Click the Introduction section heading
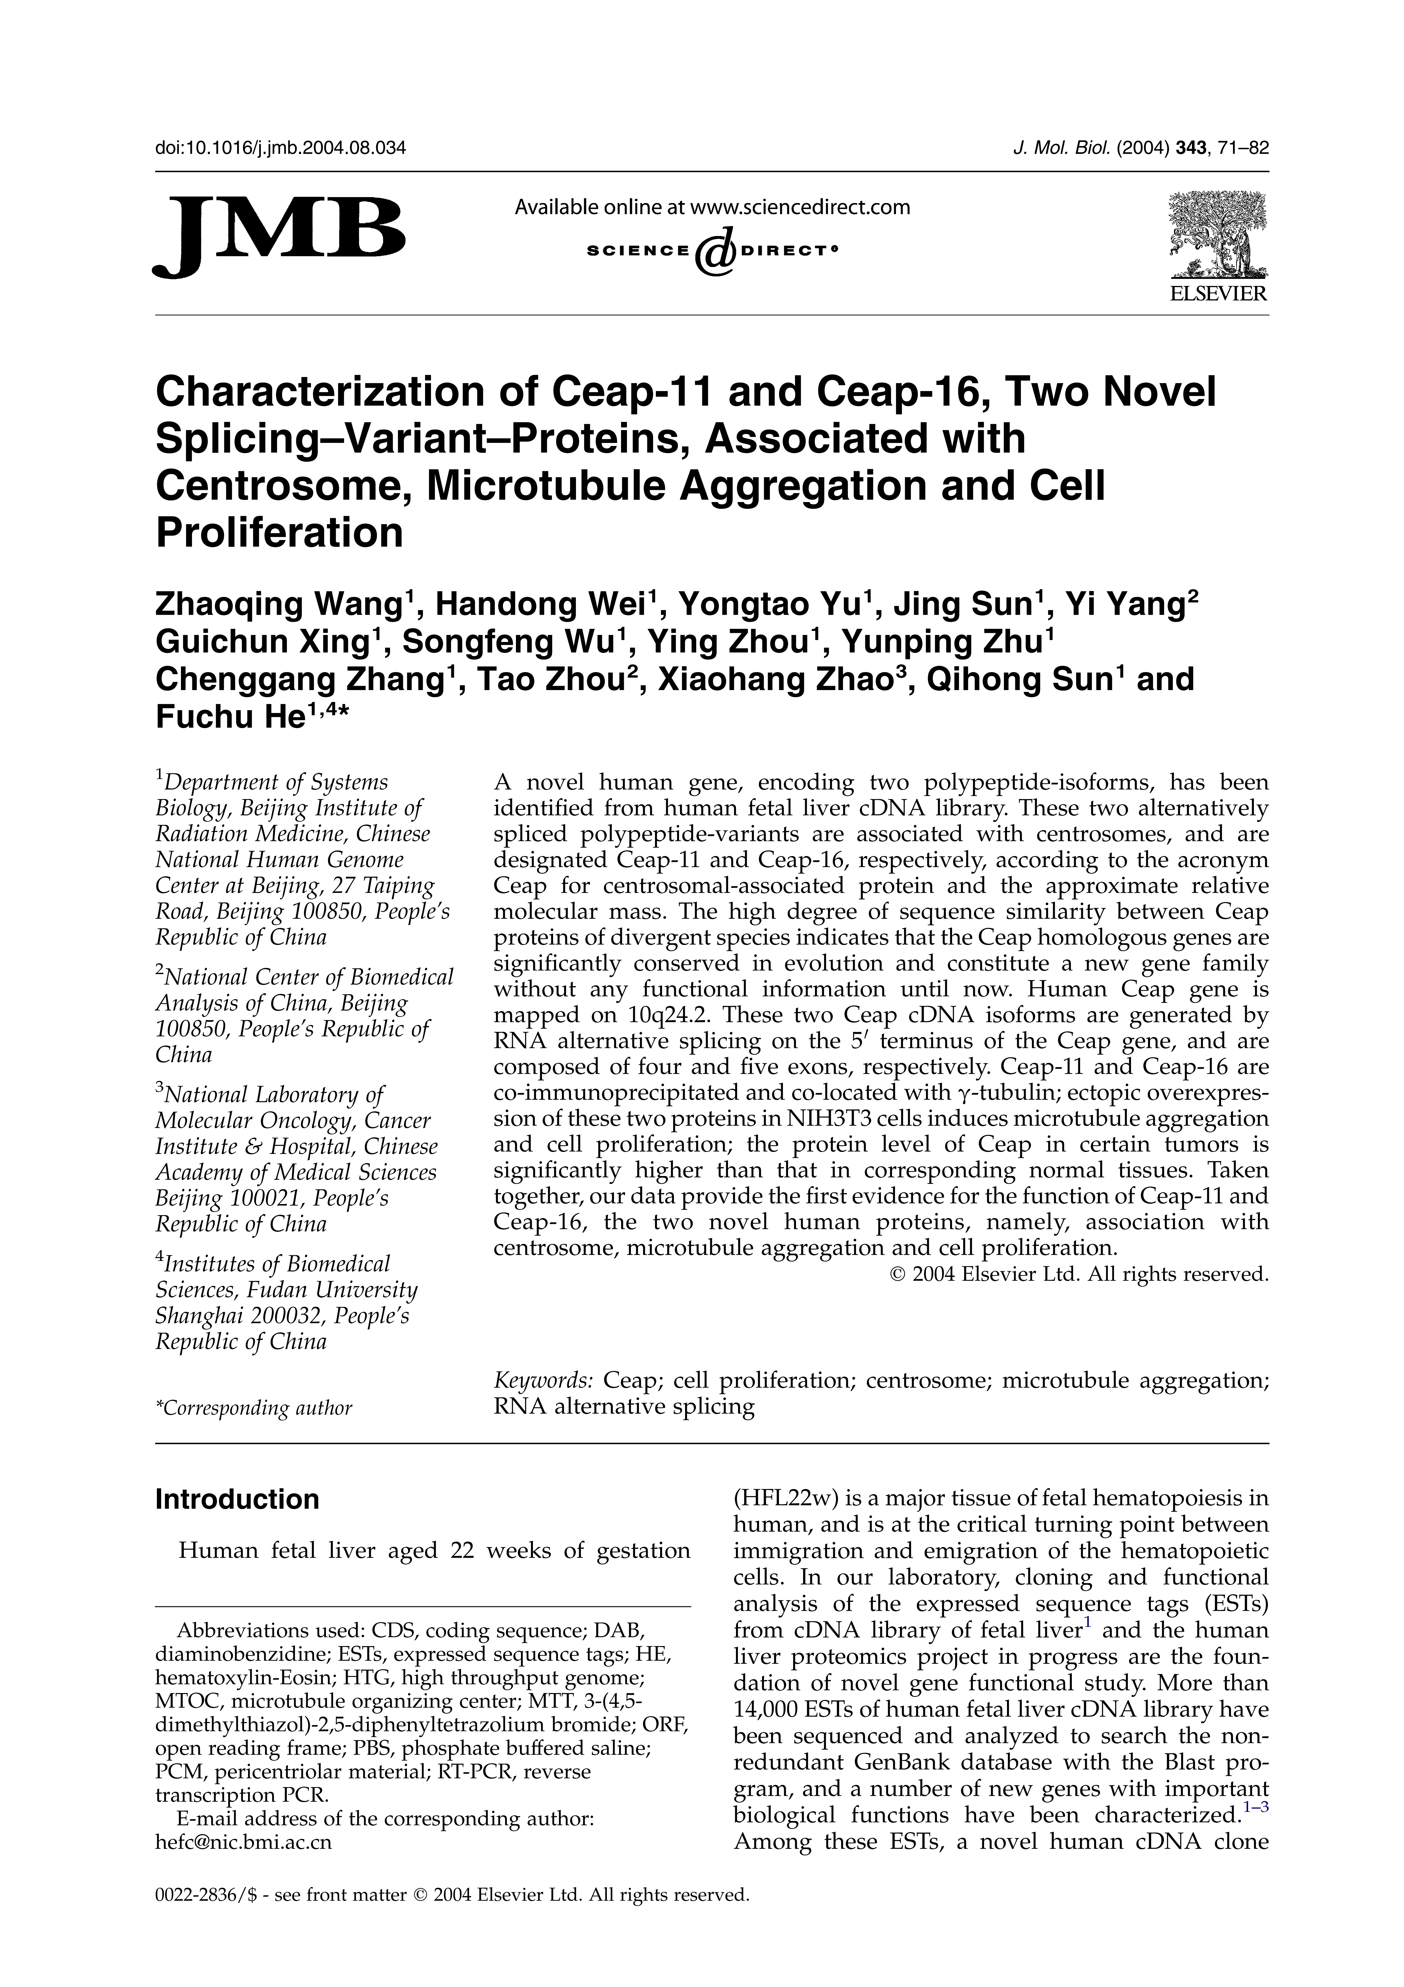click(x=236, y=1499)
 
